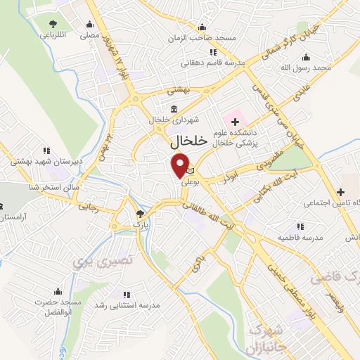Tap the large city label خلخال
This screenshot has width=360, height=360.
point(189,141)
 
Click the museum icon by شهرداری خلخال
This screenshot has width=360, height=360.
point(174,108)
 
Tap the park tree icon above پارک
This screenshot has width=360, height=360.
point(141,212)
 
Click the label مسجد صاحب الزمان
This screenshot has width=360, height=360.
point(206,37)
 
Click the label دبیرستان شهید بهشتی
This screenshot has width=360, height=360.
point(39,161)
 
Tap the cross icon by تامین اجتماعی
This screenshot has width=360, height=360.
point(340,191)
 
